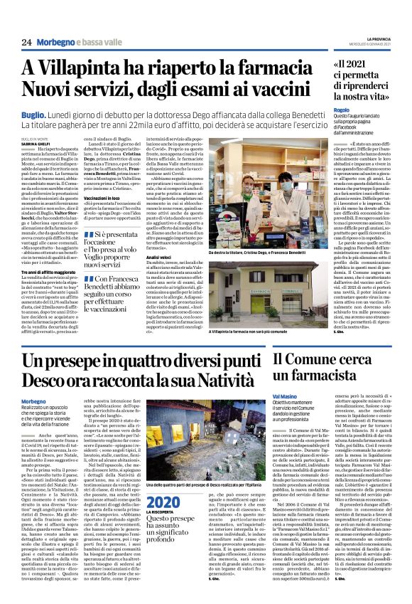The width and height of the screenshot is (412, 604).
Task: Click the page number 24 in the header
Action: pos(26,43)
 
